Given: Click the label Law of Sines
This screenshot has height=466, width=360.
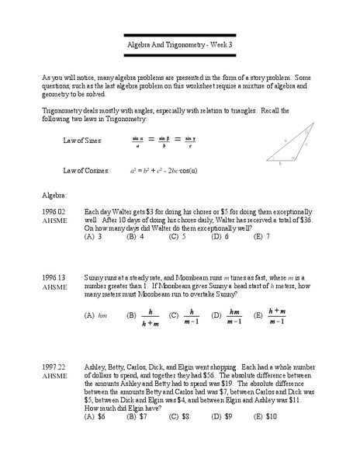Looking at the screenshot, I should (x=81, y=141).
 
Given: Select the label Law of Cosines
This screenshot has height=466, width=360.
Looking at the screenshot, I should (x=85, y=169).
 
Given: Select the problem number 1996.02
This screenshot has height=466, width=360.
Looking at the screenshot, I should (x=54, y=210).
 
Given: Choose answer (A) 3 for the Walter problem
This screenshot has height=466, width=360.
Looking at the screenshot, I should (x=93, y=237).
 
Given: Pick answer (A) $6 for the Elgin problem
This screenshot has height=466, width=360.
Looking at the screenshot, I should (x=95, y=416).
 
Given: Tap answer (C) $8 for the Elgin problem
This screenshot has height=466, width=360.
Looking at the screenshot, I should (x=179, y=416).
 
